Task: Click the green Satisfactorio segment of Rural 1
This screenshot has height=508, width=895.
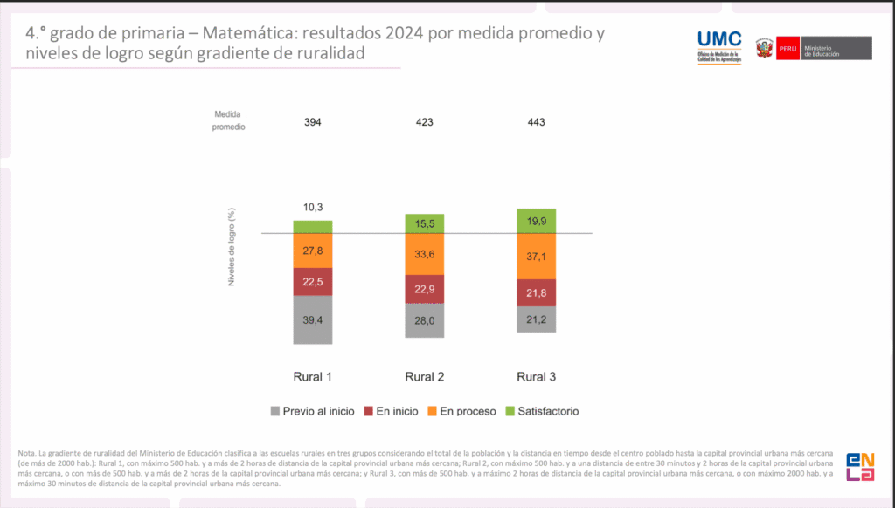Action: coord(313,227)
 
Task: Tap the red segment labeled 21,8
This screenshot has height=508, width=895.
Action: coord(537,293)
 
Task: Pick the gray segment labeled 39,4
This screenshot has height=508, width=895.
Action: coord(313,319)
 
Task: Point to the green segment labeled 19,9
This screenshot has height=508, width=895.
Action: coord(537,221)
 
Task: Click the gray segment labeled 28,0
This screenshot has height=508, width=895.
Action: coord(425,320)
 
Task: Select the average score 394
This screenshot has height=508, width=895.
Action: coord(313,122)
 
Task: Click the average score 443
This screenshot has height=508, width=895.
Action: coord(537,122)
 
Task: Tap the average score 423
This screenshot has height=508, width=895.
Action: coord(425,122)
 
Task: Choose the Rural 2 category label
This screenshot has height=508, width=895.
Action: coord(425,377)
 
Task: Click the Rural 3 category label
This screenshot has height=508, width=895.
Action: coord(537,377)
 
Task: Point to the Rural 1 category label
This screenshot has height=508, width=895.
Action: coord(313,377)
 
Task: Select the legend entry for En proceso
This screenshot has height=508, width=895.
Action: coord(462,411)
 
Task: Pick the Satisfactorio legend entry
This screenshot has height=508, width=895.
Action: coord(543,411)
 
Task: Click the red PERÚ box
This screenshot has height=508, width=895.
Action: coord(787,48)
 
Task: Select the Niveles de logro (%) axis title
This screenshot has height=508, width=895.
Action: coord(232,248)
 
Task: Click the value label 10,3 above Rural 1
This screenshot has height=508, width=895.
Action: coord(313,207)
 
